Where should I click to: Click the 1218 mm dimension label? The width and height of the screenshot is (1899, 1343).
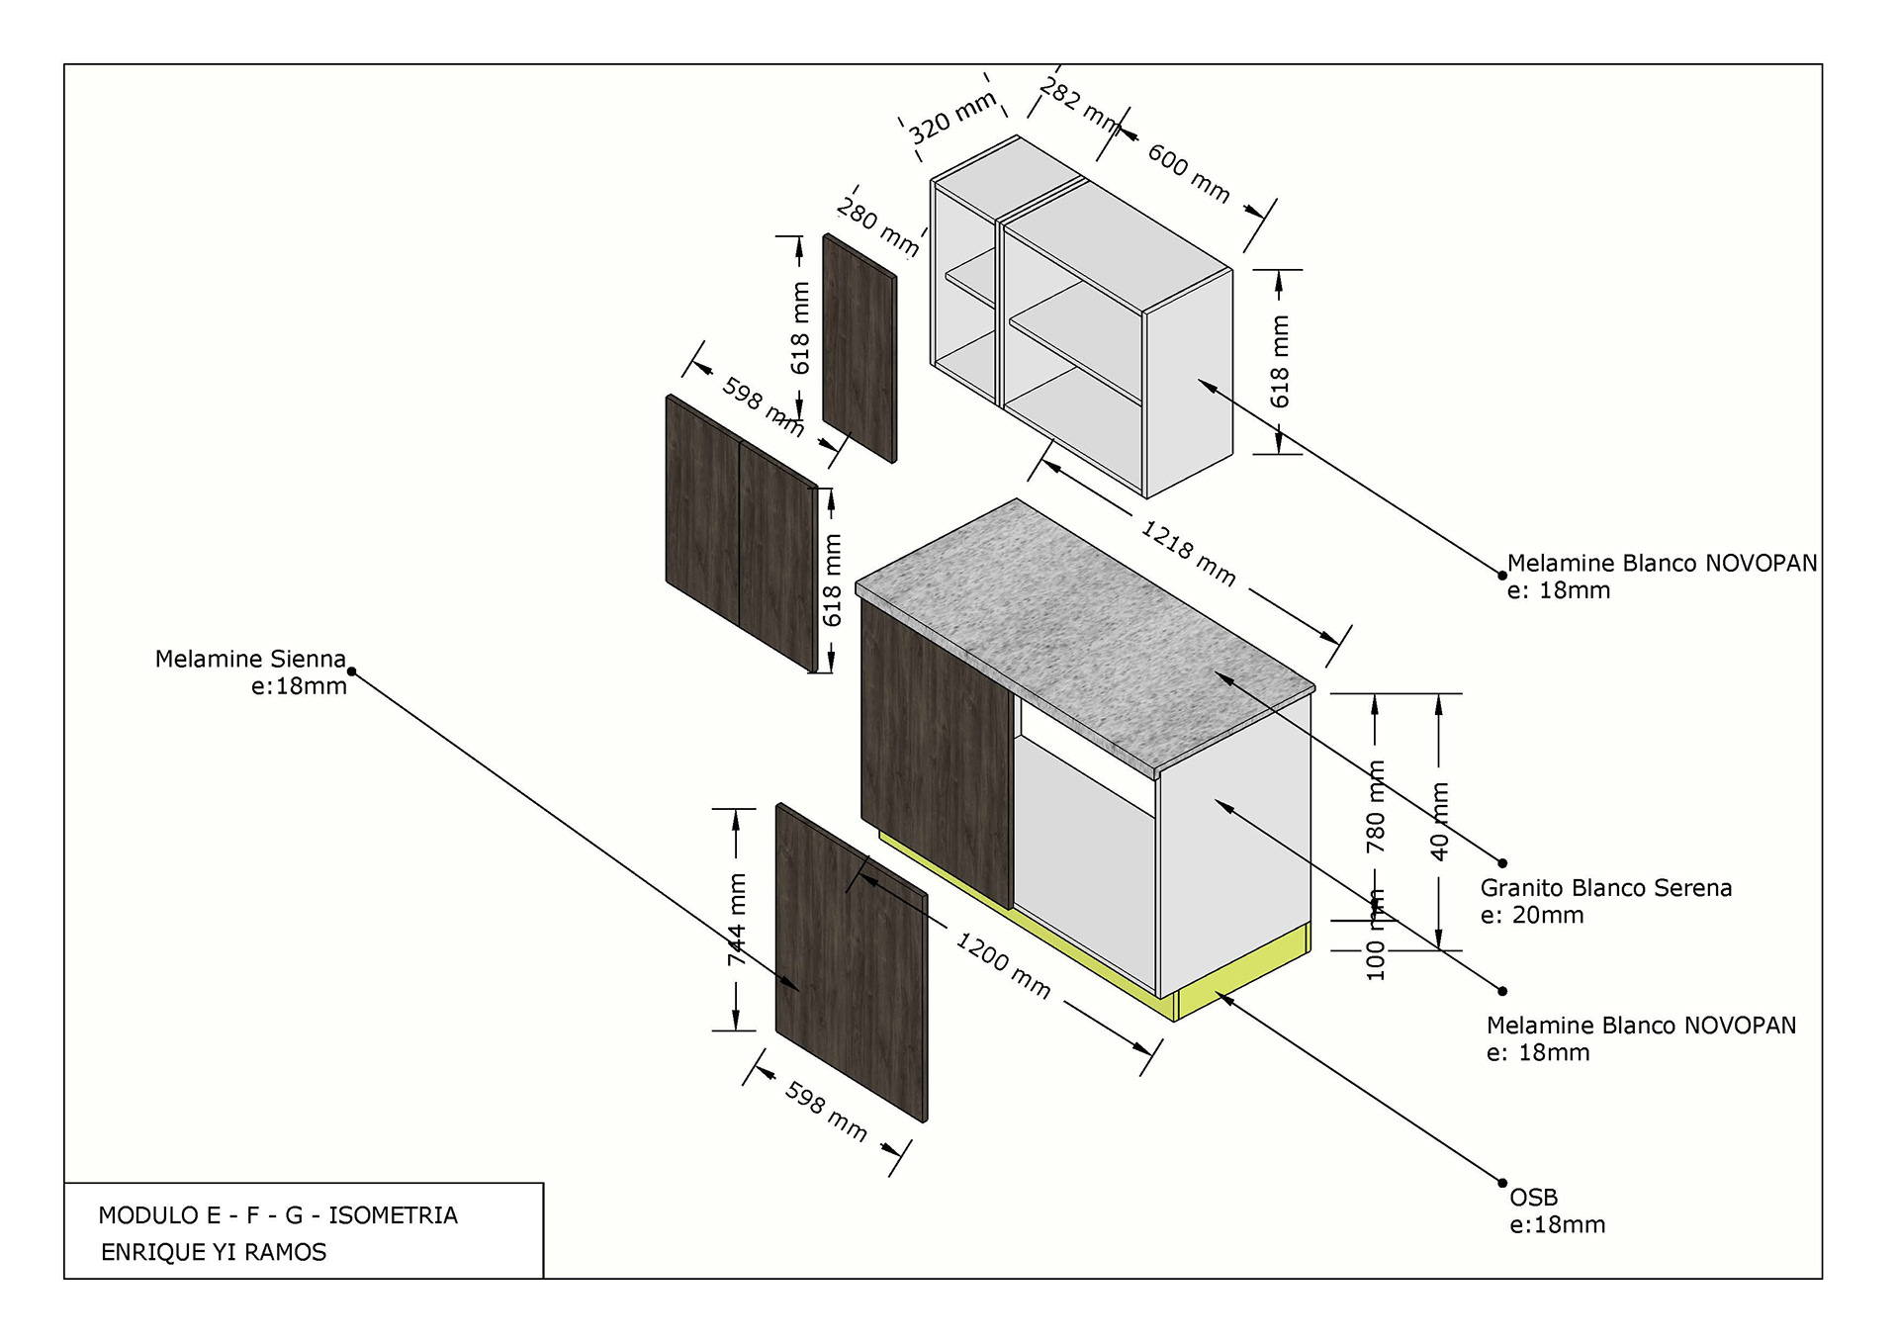(1188, 553)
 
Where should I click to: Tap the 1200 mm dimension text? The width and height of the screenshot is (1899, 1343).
(1002, 964)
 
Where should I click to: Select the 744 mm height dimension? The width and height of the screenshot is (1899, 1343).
(737, 919)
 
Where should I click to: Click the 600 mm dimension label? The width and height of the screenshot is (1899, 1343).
(1188, 172)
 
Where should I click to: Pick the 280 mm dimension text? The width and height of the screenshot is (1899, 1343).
(877, 226)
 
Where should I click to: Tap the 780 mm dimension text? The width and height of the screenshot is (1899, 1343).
(1375, 806)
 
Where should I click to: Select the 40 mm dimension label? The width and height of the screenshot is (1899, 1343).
(1440, 821)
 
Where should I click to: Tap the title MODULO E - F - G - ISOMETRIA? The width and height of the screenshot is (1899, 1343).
(278, 1215)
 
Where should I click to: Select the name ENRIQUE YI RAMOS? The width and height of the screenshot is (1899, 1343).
(214, 1252)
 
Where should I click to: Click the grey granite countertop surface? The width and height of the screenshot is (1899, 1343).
(1078, 633)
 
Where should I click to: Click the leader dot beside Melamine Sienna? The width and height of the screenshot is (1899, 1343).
(352, 672)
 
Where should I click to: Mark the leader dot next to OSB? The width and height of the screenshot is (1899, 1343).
(1502, 1183)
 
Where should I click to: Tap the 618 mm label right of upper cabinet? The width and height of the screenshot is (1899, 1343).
(1280, 361)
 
